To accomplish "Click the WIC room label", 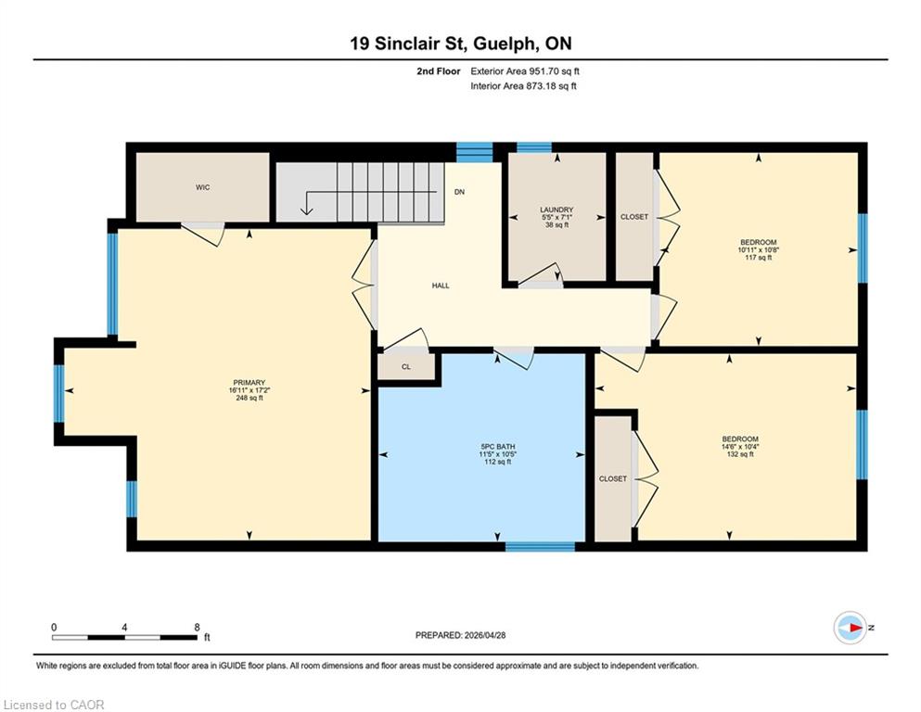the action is tap(202, 187).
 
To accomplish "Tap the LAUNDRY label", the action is tap(556, 210).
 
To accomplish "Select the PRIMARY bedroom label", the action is tap(249, 383).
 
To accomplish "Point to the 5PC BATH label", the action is tap(497, 447).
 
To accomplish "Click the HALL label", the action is tap(441, 286).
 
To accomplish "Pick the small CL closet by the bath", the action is tap(406, 367).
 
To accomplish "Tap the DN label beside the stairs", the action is tap(459, 192).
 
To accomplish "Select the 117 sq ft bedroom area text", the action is tap(758, 257).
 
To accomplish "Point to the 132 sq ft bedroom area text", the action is tap(740, 453).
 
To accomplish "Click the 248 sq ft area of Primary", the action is tap(249, 398).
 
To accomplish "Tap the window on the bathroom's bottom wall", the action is tap(540, 546).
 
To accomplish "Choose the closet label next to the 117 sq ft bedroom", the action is tap(634, 217).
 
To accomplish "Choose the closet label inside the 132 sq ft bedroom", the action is tap(613, 479).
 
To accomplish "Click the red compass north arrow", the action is tap(857, 628).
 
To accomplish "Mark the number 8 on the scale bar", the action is tap(197, 627).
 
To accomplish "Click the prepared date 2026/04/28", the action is tap(484, 635).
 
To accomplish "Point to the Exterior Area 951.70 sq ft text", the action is tap(525, 71).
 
